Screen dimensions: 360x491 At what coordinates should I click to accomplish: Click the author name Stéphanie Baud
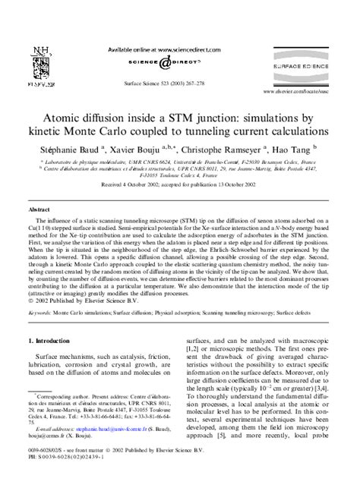coord(73,151)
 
